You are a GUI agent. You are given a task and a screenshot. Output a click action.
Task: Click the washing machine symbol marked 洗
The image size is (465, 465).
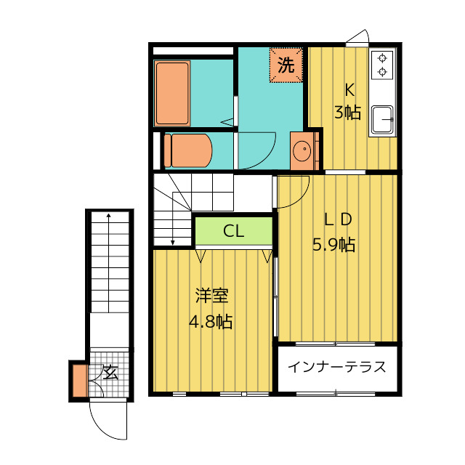coord(286,65)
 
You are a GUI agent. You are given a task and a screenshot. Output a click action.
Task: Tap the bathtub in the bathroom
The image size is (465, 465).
coord(172,94)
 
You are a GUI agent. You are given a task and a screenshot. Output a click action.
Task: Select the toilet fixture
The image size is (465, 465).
coord(188,150)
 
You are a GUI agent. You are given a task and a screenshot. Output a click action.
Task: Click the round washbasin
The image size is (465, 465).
coord(302,150)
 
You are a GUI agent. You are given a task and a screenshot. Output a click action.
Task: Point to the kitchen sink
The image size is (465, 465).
coord(382,119)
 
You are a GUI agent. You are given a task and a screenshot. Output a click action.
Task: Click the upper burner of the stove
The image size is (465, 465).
coord(382,57)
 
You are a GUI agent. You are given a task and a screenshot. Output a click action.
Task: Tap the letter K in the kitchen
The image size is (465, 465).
coord(349,89)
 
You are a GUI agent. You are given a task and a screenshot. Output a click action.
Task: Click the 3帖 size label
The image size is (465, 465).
coord(347,113)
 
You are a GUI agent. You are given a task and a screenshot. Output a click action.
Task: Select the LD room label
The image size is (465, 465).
coord(338,219)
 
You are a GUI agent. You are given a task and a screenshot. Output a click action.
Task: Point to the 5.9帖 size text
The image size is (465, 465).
coord(334,245)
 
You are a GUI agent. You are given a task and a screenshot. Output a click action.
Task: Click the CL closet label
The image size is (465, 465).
coord(234,231)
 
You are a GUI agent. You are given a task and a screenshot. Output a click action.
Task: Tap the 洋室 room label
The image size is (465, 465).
coord(211,296)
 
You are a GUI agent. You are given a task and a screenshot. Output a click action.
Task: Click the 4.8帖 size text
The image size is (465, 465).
coord(211,321)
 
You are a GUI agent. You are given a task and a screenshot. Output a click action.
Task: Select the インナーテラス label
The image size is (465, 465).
coord(337,367)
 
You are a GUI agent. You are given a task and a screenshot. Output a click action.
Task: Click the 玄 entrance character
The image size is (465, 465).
coord(110,373)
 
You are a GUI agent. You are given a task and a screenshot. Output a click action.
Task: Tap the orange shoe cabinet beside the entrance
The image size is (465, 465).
coord(80,381)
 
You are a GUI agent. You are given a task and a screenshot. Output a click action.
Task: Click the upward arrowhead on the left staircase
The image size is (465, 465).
coord(109,216)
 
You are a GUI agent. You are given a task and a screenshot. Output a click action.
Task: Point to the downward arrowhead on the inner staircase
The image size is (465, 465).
coord(173,243)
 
